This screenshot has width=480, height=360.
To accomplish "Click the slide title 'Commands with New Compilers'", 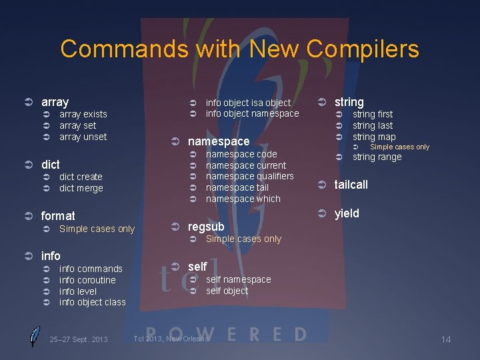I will pos(239,49).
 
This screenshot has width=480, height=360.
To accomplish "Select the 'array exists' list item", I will pos(83,114).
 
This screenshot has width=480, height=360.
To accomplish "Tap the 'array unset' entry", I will pos(83,137).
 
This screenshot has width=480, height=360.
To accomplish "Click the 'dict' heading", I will pos(51,164).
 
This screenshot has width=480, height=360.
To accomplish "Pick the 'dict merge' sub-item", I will pos(81,188).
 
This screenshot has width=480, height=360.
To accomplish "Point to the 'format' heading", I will pos(58,215).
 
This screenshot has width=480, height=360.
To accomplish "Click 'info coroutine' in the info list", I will pos(87,280).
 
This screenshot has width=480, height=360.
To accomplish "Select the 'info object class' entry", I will pos(92,303).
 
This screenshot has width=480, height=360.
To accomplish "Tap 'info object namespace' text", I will pos(252,113).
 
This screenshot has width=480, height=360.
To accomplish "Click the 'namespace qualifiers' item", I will pos(249,176).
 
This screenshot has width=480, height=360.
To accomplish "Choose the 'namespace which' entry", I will pos(243,199).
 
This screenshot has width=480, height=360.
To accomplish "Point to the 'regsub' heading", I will pos(206,227).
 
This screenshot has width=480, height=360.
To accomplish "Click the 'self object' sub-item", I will pos(227,291).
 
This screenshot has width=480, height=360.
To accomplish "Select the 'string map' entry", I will pos(373,137).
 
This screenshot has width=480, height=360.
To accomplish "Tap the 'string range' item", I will pos(377,157).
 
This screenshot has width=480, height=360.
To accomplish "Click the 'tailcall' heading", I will pos(351,185).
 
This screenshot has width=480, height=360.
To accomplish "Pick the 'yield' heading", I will pos(347,213).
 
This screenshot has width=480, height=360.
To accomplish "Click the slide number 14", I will pos(446,340).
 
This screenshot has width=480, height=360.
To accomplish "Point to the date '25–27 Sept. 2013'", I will pos(78,340).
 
